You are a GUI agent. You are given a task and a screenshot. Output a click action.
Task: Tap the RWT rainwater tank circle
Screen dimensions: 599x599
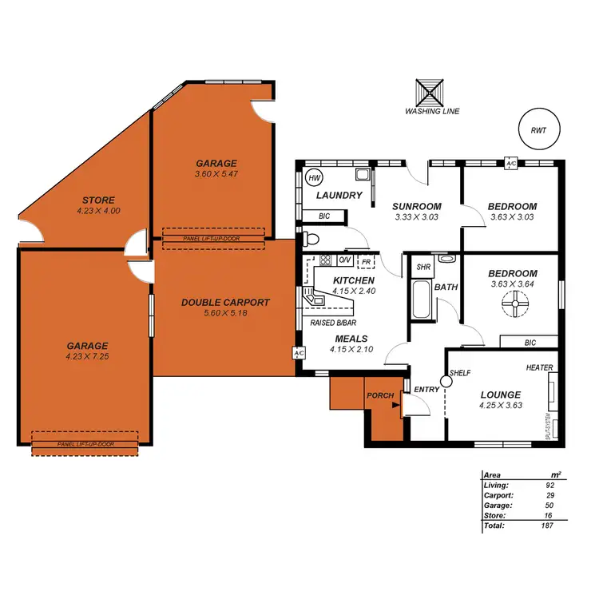point(545,129)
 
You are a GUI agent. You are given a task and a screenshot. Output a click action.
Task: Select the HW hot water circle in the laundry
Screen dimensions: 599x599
point(313,177)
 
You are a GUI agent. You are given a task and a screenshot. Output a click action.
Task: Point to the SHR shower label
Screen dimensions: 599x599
point(422,267)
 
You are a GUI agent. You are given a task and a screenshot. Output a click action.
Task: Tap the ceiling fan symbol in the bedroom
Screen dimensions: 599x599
point(515,303)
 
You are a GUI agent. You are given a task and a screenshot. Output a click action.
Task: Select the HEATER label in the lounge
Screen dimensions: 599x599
point(539,367)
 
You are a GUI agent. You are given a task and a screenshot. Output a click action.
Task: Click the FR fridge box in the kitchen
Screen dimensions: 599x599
point(366,261)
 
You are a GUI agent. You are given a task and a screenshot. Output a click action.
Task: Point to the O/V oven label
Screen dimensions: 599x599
point(345,260)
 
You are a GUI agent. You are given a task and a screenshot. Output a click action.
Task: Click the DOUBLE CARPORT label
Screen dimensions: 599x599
point(225,303)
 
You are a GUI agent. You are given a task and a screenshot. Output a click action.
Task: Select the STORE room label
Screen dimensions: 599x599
point(97,200)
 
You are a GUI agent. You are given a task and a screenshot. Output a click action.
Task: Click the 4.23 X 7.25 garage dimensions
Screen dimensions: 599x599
point(87,356)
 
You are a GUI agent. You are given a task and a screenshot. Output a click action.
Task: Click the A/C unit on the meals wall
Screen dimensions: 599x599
point(299,352)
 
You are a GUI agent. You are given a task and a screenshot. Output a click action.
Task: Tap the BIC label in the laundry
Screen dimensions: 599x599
point(324,216)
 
